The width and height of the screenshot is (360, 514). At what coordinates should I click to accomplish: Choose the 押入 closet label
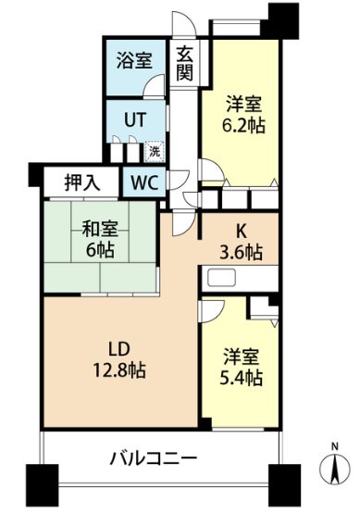click(x=81, y=181)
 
